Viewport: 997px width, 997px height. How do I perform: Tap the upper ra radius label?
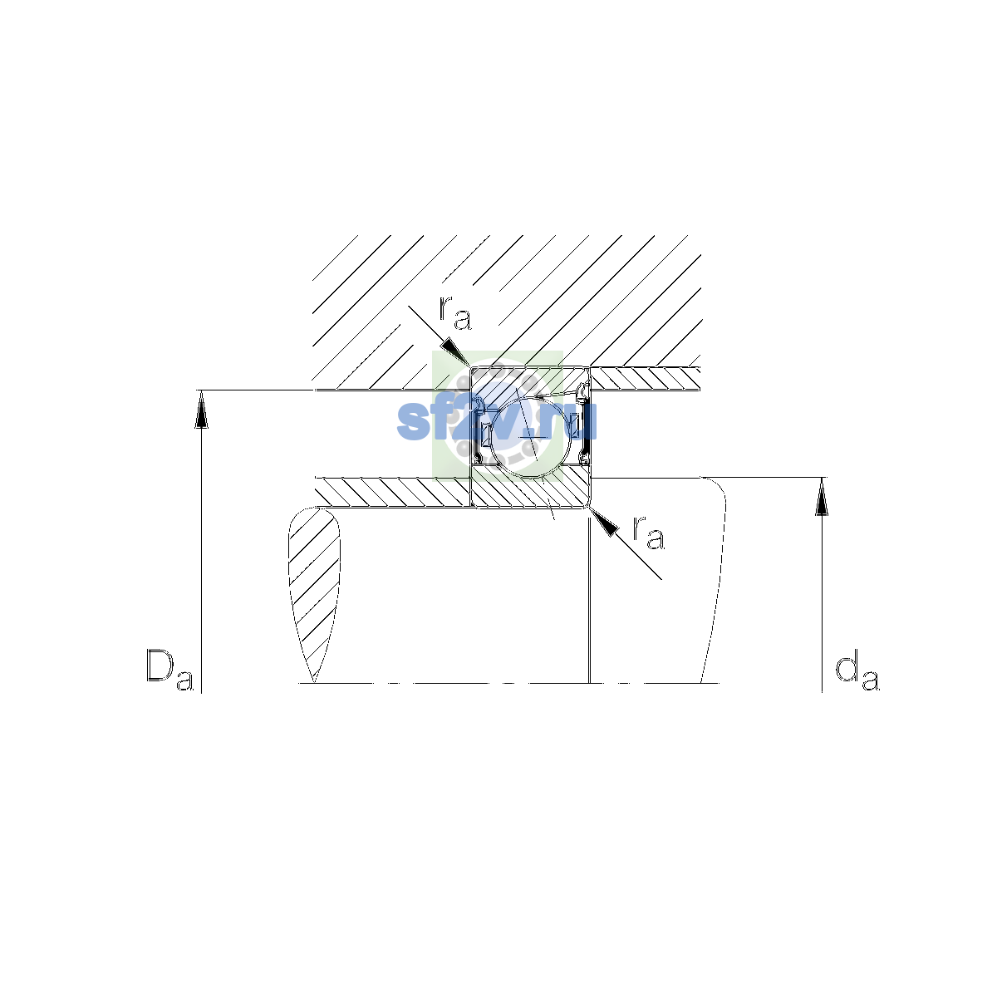point(455,313)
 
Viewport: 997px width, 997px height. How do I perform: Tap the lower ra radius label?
point(648,533)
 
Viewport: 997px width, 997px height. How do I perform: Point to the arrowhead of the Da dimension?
point(201,410)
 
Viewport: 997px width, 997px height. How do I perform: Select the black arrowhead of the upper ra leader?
point(454,351)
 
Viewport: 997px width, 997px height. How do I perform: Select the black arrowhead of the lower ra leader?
point(604,522)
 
